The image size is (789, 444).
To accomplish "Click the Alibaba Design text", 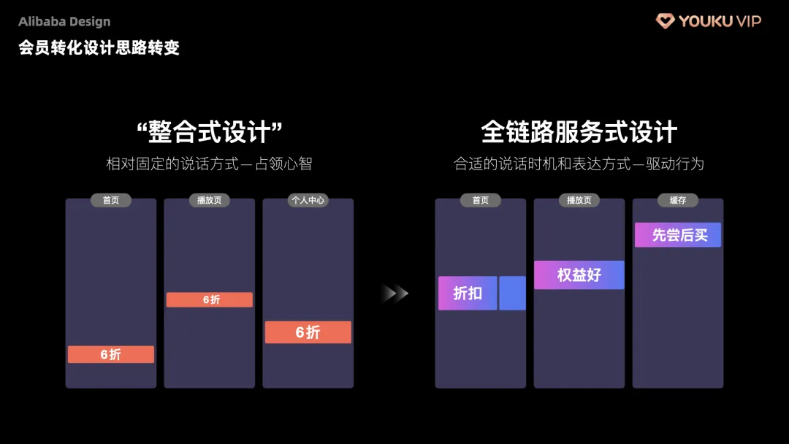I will (x=64, y=22).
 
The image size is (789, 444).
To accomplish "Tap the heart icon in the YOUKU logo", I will (x=665, y=21).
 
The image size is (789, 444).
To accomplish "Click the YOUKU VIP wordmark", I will (x=720, y=21).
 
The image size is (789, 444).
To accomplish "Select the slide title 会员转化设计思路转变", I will (x=99, y=48).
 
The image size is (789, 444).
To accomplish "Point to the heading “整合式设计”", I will (x=209, y=132).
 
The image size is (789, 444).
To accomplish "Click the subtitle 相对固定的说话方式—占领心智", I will (x=209, y=164).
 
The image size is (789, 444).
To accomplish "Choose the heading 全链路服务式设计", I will (x=579, y=132).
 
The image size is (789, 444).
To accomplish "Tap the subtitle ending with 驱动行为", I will (x=579, y=164).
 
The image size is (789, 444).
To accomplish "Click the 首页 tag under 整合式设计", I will (x=111, y=200).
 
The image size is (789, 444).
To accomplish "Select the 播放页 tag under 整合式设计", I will (x=210, y=200).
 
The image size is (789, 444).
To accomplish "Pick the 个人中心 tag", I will (x=308, y=200).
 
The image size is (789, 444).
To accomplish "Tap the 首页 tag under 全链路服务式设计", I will (x=481, y=200).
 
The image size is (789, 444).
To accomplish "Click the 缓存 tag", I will (x=678, y=200).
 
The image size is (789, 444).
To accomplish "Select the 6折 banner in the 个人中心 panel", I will (x=308, y=332).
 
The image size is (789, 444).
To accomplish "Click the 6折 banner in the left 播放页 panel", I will (x=210, y=299).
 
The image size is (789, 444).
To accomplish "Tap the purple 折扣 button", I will (x=468, y=293).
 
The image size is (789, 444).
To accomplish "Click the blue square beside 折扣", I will (x=512, y=293).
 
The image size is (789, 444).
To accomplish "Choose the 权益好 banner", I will (x=579, y=275).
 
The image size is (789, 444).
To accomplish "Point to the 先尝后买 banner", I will (x=678, y=235).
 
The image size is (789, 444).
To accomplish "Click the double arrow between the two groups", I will (x=394, y=294).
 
